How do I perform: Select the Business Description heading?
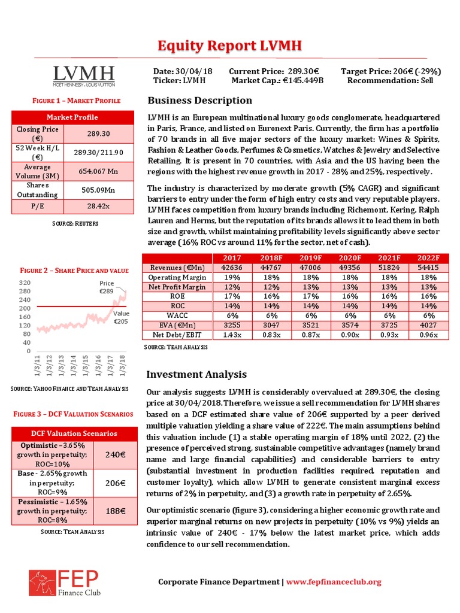(x=199, y=100)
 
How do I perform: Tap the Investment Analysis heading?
(x=196, y=375)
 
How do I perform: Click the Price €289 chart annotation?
(x=107, y=287)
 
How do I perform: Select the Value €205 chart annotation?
(x=121, y=317)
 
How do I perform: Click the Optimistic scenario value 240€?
(x=114, y=454)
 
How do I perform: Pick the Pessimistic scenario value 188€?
(x=114, y=511)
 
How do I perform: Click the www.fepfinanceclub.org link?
(x=334, y=582)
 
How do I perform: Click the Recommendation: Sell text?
(x=390, y=80)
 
